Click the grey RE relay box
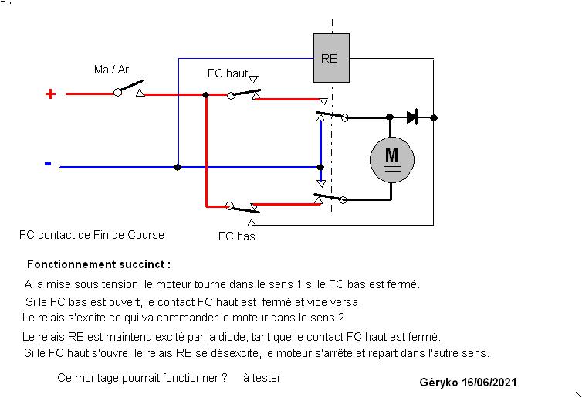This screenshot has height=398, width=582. point(331,58)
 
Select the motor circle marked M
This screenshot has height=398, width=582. point(392,160)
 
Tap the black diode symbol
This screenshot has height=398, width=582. point(412,117)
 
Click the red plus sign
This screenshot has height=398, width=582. point(50,94)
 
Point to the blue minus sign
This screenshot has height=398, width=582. point(48,164)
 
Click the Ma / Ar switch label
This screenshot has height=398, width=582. point(111,70)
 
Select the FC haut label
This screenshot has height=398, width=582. point(228,73)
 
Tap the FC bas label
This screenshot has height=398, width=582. point(236,236)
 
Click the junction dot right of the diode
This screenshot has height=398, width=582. point(434,117)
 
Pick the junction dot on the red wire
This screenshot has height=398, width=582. point(205,95)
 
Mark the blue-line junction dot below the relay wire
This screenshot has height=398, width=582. point(178,167)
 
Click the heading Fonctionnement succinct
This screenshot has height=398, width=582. point(99,264)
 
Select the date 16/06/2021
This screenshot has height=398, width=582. point(489,383)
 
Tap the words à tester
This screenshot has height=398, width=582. point(262,378)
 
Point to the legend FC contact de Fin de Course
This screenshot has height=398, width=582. point(92,235)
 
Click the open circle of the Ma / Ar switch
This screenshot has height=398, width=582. point(117,92)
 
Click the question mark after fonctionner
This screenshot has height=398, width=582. point(224,378)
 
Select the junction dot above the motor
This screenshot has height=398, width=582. point(390,117)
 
